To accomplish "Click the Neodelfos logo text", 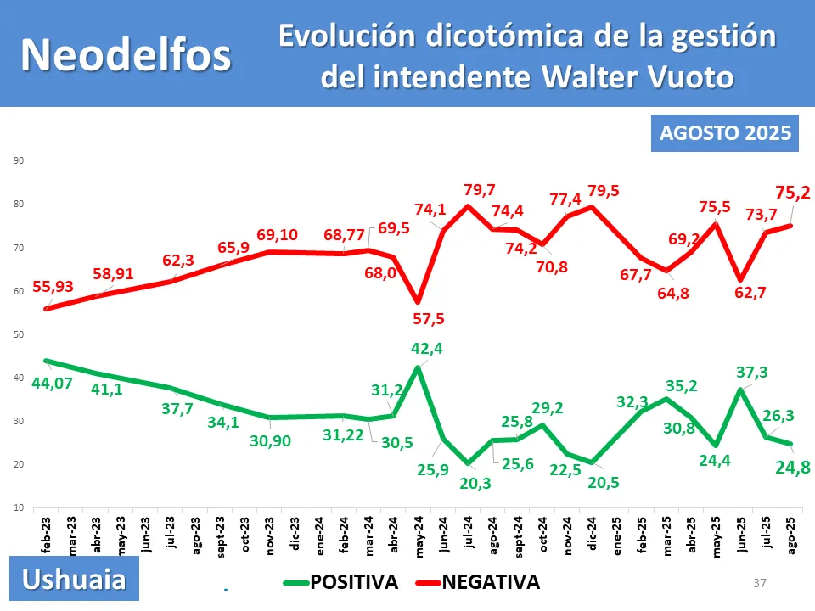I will point(126,54).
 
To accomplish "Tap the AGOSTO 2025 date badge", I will point(725,133).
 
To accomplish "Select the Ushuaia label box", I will point(74,580).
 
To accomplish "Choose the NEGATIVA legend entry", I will point(477,581).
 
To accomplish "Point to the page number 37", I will point(760,583).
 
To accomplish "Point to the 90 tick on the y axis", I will point(17,161).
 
